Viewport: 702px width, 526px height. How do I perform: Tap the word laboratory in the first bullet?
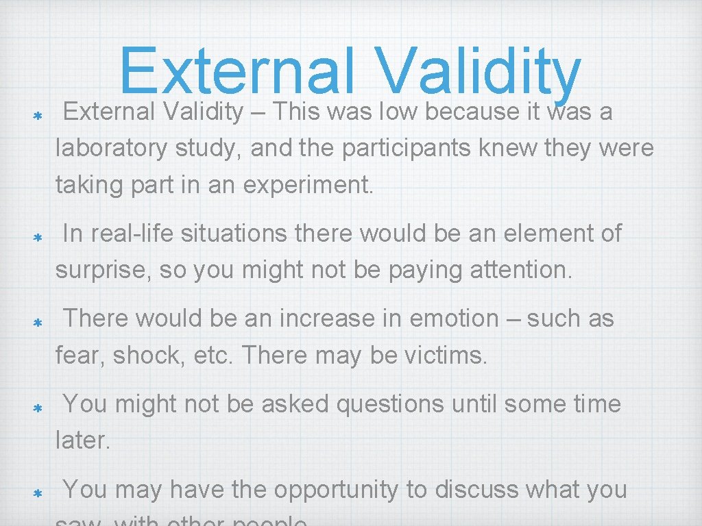111,149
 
